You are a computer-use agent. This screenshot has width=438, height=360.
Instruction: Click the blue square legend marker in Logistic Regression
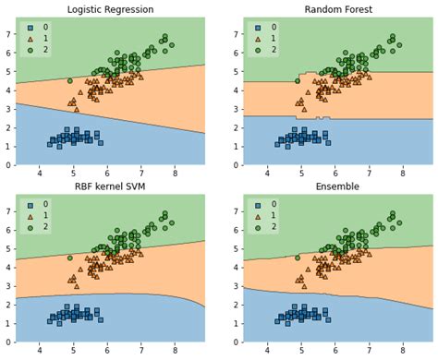[x=30, y=28]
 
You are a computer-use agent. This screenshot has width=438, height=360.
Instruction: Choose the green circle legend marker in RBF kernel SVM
[x=30, y=229]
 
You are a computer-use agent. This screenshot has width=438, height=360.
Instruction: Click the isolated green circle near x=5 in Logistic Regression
[x=69, y=80]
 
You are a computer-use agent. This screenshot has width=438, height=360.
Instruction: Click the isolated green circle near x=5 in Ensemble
[x=297, y=258]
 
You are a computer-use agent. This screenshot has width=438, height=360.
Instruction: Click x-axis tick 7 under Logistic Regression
[x=141, y=172]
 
